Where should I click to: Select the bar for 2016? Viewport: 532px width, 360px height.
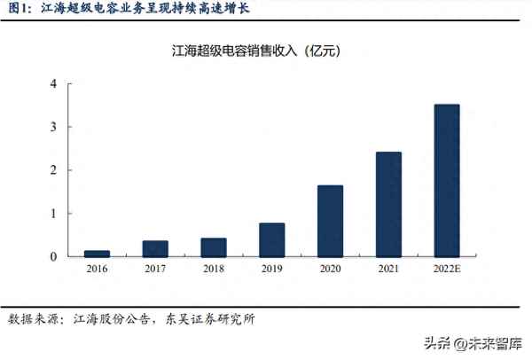[x=97, y=254]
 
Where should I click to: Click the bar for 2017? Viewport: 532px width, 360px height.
[x=155, y=248]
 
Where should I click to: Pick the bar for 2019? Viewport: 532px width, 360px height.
[x=271, y=239]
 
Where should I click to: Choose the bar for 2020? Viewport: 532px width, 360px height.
[x=330, y=221]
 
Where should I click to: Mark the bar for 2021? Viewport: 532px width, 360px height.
[x=388, y=204]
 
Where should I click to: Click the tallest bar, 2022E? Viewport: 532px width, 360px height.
[x=447, y=180]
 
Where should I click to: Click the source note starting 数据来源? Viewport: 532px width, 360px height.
[x=133, y=317]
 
